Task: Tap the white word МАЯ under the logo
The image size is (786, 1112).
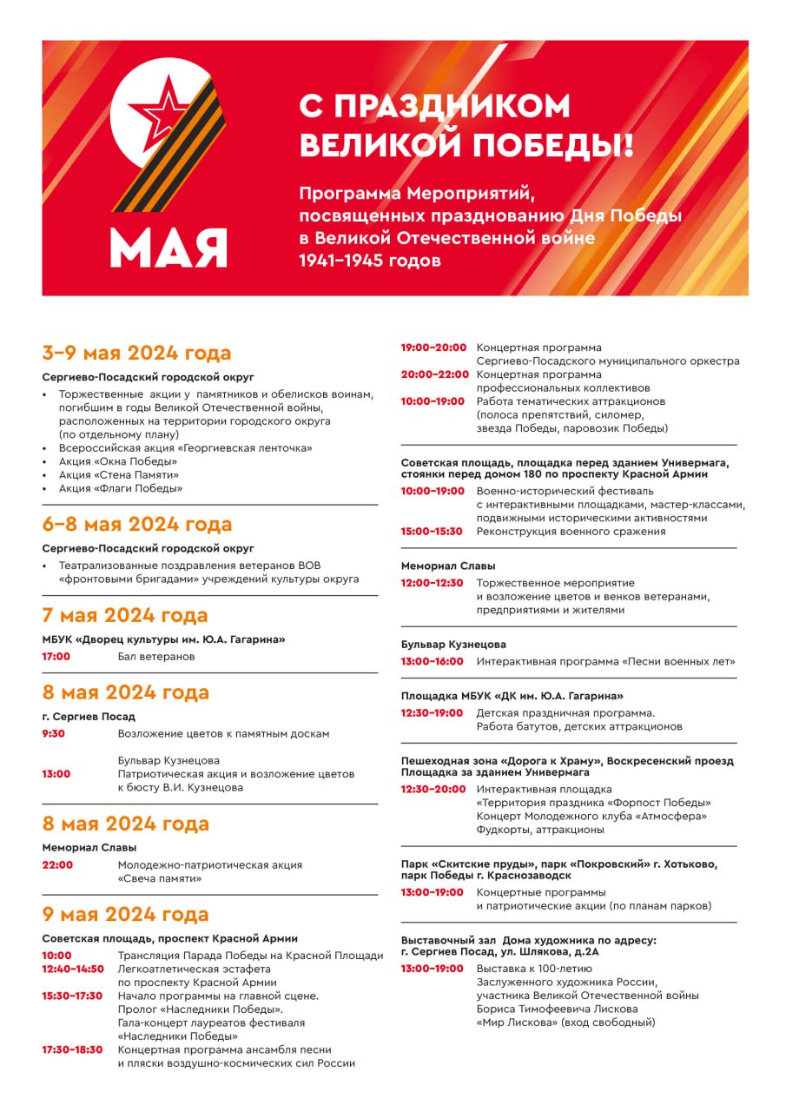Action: [x=168, y=248]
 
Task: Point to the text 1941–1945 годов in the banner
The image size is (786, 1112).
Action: [x=370, y=260]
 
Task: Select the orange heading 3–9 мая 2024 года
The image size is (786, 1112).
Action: [x=136, y=353]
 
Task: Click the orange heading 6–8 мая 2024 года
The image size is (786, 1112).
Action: [x=136, y=524]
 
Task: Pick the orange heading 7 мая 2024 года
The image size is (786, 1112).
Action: [x=125, y=615]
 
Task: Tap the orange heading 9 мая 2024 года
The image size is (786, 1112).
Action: [x=125, y=914]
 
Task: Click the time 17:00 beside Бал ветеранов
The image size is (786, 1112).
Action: [x=56, y=657]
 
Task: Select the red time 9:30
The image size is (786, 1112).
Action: [x=53, y=734]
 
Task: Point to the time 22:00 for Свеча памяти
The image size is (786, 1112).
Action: [x=57, y=865]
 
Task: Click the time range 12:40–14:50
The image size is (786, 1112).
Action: [x=72, y=969]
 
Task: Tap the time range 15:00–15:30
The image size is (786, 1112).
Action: [x=432, y=532]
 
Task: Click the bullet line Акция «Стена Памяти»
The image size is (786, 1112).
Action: [x=119, y=475]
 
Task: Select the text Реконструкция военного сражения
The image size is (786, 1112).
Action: [x=571, y=532]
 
